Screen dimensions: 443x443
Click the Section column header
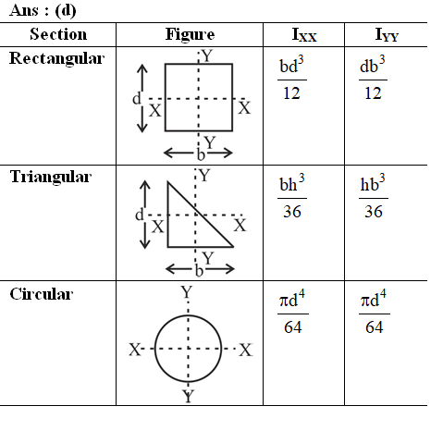click(58, 34)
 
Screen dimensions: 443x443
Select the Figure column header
click(190, 34)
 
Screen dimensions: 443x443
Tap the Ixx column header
click(304, 35)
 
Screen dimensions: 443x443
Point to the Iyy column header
click(387, 35)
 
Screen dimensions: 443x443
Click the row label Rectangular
click(57, 58)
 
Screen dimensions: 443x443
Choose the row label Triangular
click(51, 177)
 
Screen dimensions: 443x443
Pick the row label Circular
click(42, 294)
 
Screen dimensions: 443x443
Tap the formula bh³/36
click(292, 196)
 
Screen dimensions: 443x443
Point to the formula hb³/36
click(374, 196)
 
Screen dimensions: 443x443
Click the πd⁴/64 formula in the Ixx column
click(293, 312)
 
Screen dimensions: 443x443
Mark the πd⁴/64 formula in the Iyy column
click(375, 312)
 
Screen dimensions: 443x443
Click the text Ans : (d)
click(43, 10)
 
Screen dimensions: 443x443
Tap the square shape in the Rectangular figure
click(166, 97)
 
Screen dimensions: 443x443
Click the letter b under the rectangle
click(201, 154)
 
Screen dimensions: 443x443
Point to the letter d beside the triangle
click(140, 215)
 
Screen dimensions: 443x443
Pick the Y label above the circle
click(187, 291)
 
